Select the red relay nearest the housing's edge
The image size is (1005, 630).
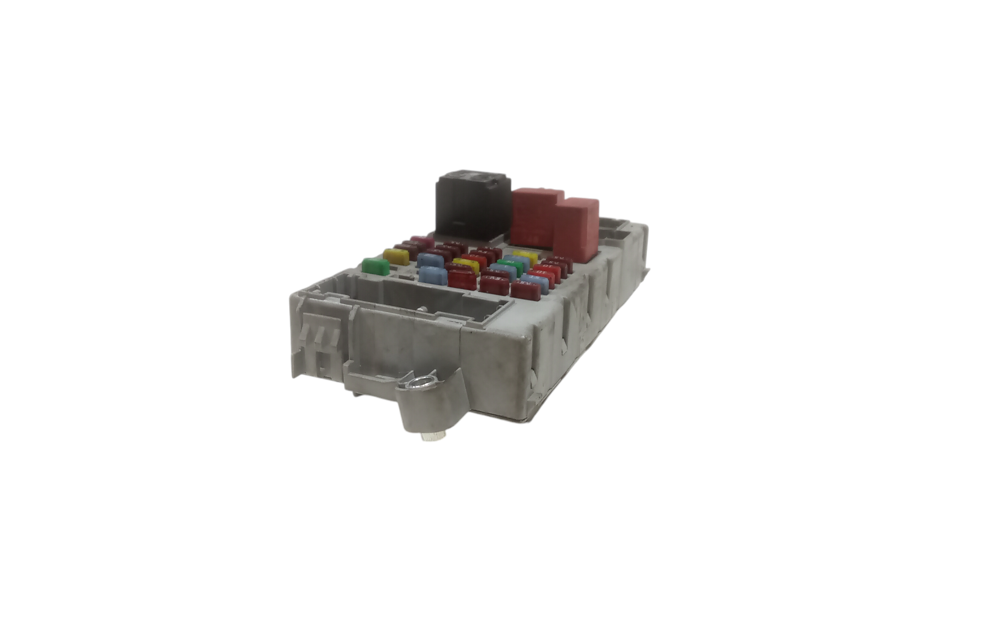576,229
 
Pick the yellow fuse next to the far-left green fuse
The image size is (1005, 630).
396,256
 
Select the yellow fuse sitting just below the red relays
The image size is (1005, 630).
526,256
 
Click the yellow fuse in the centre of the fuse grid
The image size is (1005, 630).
465,264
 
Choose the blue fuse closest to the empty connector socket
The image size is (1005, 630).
433,275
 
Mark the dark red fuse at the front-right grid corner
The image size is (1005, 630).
526,290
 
